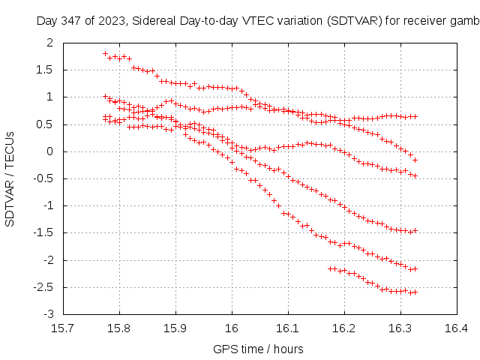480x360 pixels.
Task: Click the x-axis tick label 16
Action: (232, 328)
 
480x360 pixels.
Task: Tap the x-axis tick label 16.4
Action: (456, 328)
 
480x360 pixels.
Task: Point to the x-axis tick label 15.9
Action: (175, 328)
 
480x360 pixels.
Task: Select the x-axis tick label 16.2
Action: (344, 328)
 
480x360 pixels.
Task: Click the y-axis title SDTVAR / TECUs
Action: (10, 178)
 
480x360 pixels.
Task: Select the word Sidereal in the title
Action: (153, 21)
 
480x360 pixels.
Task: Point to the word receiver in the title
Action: (424, 21)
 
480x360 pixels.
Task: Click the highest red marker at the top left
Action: (106, 54)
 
